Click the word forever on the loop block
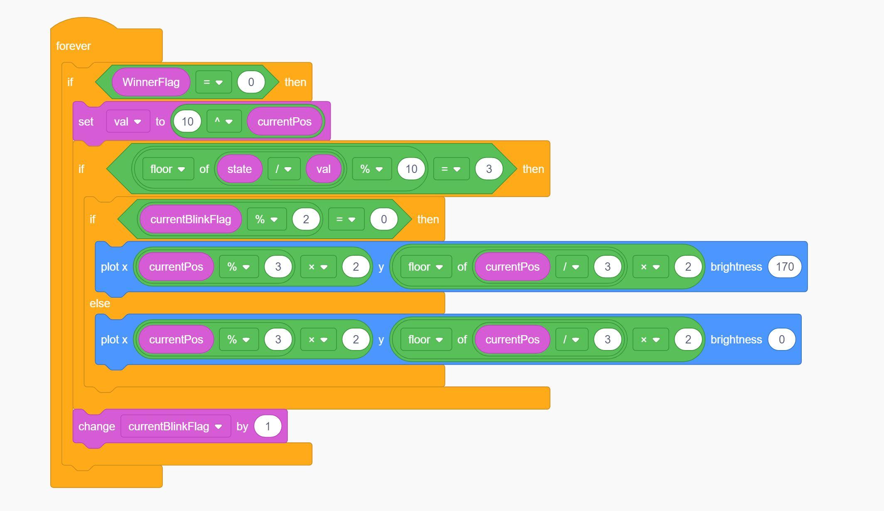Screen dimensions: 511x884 (73, 46)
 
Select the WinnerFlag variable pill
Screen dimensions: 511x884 (151, 82)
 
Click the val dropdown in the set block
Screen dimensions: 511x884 (128, 121)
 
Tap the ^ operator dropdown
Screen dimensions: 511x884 (224, 121)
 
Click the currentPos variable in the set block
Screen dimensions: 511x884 (284, 121)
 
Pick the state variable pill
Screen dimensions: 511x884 (239, 169)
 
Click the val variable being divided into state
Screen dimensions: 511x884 (323, 169)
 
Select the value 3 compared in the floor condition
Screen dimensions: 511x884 (489, 169)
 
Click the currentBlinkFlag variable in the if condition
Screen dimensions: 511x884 (190, 219)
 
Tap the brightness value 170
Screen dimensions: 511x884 (784, 267)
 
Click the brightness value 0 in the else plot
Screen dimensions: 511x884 (781, 339)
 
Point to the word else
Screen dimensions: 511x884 (100, 303)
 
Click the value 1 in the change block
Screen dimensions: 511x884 (268, 426)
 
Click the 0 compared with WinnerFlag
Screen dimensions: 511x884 (251, 82)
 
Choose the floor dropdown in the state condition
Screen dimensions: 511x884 (168, 169)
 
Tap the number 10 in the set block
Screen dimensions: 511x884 (187, 121)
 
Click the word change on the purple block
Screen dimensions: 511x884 (96, 426)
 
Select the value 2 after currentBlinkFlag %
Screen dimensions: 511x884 (306, 219)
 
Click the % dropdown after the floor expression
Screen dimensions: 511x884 (371, 169)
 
